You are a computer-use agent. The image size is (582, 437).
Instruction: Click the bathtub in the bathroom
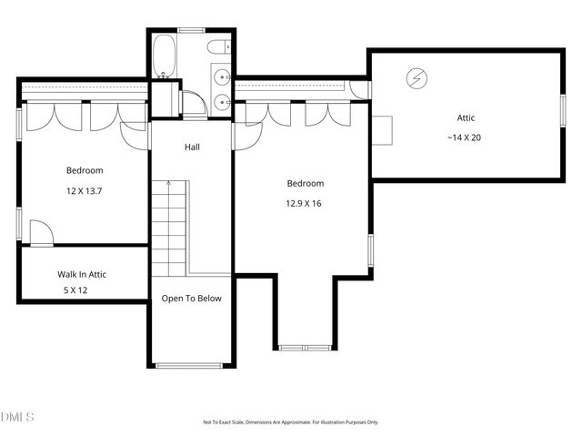click(x=165, y=55)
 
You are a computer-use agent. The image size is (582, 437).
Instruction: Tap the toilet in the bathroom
click(x=219, y=46)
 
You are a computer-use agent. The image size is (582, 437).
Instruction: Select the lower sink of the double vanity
click(x=222, y=102)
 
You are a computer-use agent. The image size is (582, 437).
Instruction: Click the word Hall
click(x=192, y=147)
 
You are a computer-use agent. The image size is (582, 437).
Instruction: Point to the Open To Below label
click(x=191, y=298)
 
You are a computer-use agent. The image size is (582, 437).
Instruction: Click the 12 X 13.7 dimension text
click(x=84, y=191)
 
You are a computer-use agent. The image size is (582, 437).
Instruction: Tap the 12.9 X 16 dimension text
click(x=303, y=203)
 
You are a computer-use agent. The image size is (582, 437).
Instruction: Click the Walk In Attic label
click(x=88, y=273)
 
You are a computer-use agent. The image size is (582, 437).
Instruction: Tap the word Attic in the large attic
click(x=466, y=117)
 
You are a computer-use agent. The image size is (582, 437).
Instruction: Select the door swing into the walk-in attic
click(x=40, y=233)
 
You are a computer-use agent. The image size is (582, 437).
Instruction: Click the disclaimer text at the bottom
click(x=290, y=422)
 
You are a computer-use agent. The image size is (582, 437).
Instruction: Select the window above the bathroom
click(x=191, y=30)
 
